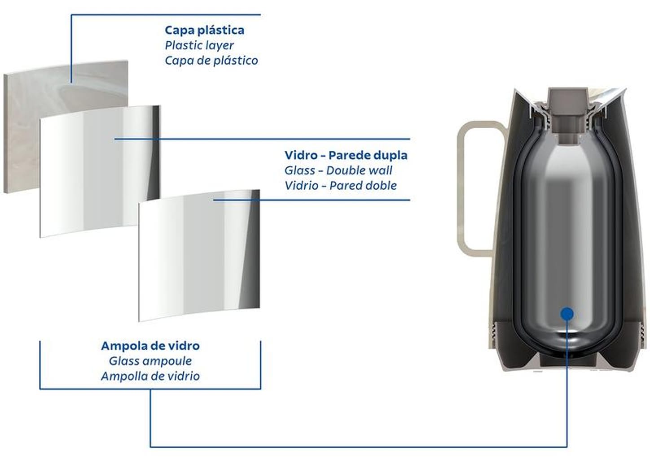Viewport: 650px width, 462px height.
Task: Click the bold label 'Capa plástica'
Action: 204,30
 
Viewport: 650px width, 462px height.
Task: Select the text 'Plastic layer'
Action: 199,45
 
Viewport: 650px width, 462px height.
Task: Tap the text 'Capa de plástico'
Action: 211,61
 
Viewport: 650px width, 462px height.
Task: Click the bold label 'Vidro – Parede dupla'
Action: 346,155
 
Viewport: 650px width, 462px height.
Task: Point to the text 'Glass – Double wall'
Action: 338,170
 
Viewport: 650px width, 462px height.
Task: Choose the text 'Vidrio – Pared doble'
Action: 340,186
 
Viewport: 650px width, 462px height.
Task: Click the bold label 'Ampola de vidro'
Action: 150,346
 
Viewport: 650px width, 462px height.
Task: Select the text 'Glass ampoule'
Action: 150,361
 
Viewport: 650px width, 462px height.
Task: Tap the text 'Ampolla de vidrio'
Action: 150,376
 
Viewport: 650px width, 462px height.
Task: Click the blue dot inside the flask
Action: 567,314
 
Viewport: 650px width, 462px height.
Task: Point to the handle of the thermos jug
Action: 467,188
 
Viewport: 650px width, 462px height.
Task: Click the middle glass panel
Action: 90,179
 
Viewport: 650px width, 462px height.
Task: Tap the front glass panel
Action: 198,260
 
